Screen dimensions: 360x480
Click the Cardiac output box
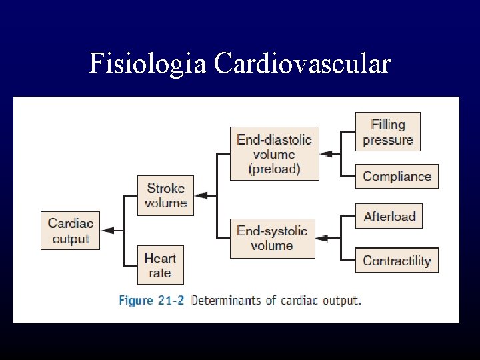click(x=70, y=231)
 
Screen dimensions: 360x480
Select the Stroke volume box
click(x=165, y=195)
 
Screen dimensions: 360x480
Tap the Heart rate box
click(x=160, y=265)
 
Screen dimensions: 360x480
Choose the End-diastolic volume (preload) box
click(x=274, y=154)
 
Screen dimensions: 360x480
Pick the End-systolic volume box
click(x=272, y=238)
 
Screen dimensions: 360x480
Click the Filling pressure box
click(x=388, y=132)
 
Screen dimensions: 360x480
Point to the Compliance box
click(x=397, y=177)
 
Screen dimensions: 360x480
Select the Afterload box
click(x=389, y=216)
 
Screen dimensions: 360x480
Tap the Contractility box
click(x=397, y=261)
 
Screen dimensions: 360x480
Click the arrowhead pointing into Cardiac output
click(x=107, y=231)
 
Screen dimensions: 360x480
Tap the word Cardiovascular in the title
click(x=302, y=63)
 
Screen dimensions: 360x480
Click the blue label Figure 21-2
click(x=145, y=301)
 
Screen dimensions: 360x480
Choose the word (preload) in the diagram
click(x=274, y=169)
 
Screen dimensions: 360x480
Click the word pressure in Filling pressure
click(x=388, y=140)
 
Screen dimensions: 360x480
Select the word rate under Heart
click(x=160, y=273)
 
